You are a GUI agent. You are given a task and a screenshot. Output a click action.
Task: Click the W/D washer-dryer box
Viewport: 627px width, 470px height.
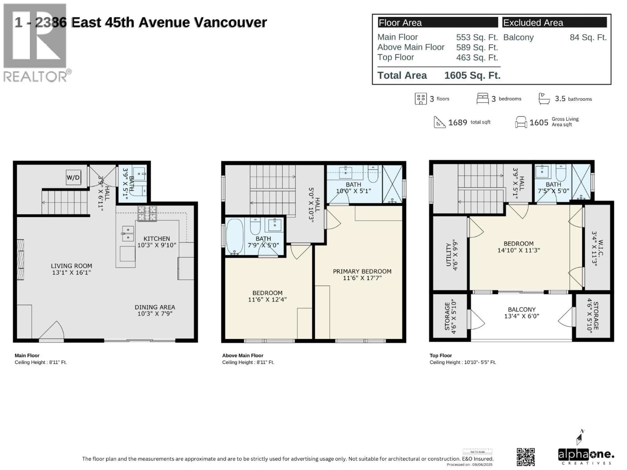click(73, 178)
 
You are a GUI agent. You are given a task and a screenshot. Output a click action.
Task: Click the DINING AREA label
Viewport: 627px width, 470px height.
click(155, 307)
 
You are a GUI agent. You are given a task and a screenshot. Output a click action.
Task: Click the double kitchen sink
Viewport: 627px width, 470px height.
click(128, 233)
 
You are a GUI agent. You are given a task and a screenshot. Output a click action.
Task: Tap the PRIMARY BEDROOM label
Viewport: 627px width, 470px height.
click(362, 271)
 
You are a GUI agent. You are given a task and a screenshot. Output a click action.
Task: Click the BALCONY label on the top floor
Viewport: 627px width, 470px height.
click(522, 310)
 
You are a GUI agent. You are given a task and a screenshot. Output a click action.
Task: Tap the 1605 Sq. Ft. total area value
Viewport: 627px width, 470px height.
click(472, 75)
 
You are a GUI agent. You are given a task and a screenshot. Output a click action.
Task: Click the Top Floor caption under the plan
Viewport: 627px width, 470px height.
click(441, 355)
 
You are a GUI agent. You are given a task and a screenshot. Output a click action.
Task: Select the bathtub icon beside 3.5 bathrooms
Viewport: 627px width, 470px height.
click(544, 99)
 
